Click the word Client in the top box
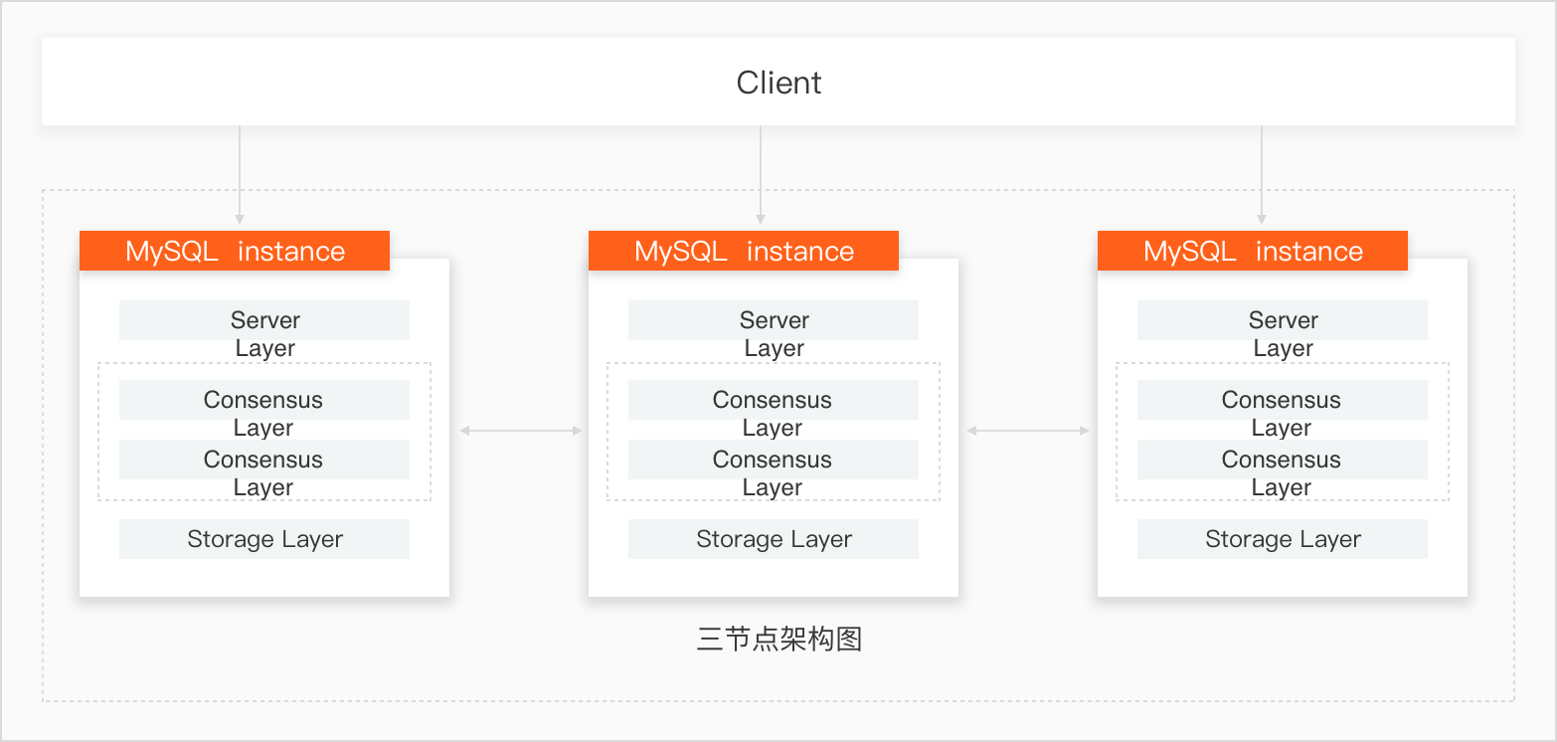(x=778, y=83)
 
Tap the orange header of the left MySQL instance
(x=235, y=251)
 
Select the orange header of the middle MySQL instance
(x=743, y=251)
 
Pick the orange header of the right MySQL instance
(x=1252, y=251)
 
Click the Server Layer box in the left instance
(x=264, y=320)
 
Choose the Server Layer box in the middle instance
(x=773, y=320)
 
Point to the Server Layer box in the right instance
(x=1282, y=320)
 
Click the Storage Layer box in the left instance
(x=264, y=539)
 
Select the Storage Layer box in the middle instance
(x=773, y=539)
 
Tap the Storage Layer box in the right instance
(x=1282, y=539)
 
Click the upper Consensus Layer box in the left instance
(x=264, y=400)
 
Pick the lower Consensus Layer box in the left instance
(x=264, y=460)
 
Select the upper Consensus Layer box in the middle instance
(x=773, y=400)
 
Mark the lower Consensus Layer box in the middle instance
(x=773, y=460)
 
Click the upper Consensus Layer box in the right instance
(x=1282, y=400)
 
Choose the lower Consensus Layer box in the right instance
(x=1282, y=460)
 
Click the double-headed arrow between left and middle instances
(x=521, y=431)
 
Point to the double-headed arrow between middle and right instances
(x=1028, y=431)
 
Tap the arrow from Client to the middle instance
(x=761, y=174)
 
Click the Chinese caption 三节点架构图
(x=779, y=639)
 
